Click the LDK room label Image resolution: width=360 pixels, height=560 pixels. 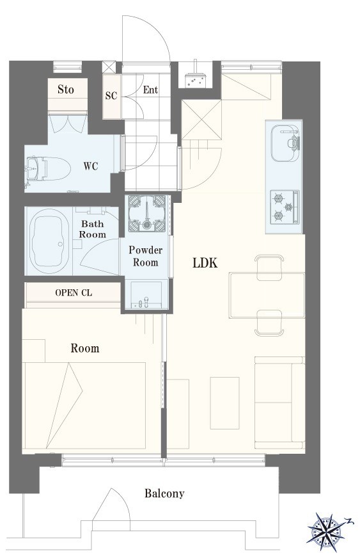(x=205, y=263)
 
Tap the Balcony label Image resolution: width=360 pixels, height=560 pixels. (x=164, y=493)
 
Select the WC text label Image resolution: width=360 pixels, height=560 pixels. (x=91, y=166)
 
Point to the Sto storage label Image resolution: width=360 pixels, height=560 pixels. (x=66, y=90)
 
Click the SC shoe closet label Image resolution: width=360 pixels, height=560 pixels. (x=111, y=96)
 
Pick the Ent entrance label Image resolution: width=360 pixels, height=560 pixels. (x=150, y=90)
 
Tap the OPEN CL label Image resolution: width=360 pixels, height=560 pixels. (x=74, y=293)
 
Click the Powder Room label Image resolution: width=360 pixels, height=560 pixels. (x=145, y=256)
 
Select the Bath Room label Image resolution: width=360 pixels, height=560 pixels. (x=93, y=229)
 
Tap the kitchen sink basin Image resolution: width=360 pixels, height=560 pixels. (x=285, y=143)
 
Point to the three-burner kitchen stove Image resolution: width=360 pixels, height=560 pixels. (x=285, y=207)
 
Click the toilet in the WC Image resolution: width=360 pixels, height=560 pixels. (x=47, y=168)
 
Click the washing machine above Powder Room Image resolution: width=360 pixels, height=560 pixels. (x=147, y=213)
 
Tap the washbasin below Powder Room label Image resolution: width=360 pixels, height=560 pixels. (x=146, y=295)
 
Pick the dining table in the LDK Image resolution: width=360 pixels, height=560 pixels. (x=267, y=295)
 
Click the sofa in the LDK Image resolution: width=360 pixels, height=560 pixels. (x=279, y=403)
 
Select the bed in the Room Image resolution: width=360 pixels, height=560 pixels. (x=84, y=405)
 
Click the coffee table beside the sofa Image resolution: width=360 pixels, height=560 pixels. (x=224, y=403)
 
